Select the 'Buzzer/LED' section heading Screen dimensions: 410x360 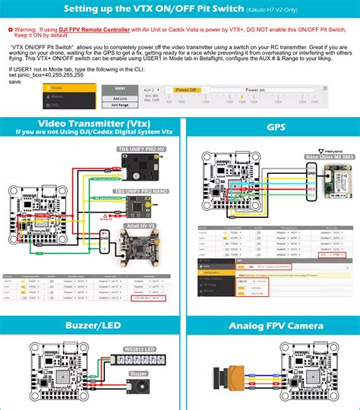[x=89, y=326]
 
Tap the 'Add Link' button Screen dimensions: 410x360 [x=119, y=99]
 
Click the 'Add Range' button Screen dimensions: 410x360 [x=119, y=106]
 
